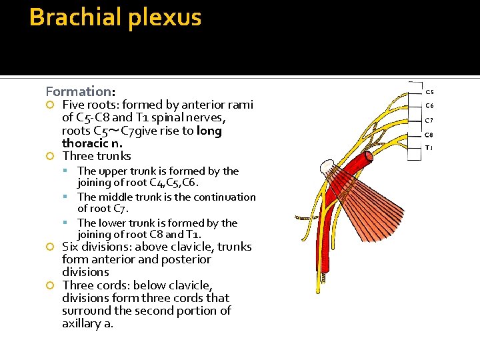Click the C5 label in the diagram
point(429,92)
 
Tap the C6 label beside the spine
point(429,105)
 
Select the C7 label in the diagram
point(429,121)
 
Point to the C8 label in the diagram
point(429,135)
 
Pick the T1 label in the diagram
point(429,147)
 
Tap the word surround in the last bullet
point(86,311)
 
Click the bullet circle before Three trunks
point(49,157)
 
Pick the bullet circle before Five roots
point(49,105)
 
